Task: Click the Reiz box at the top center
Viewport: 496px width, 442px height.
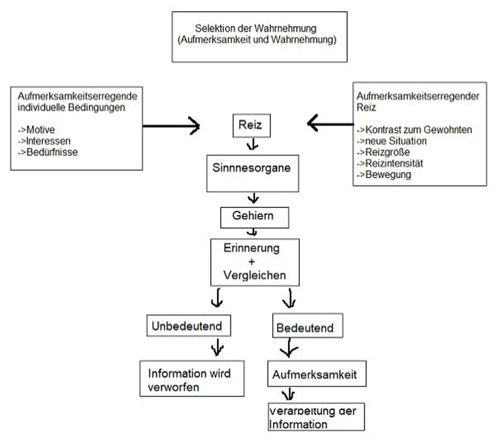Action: (x=251, y=126)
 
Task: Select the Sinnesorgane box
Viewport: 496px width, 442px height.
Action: (x=252, y=173)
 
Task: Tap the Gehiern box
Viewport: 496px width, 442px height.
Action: (x=254, y=217)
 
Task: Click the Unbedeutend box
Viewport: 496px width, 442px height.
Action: (x=188, y=326)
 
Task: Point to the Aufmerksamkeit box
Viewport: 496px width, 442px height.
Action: (x=316, y=374)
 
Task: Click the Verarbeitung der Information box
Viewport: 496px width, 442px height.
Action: (x=316, y=417)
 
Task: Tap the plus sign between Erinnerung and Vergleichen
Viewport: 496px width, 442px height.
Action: (x=252, y=262)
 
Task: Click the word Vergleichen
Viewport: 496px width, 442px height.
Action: (x=254, y=275)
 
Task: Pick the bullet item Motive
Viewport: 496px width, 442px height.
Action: (x=40, y=129)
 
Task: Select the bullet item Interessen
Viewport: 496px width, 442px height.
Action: (x=48, y=141)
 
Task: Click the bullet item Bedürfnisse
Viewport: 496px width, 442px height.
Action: (x=52, y=152)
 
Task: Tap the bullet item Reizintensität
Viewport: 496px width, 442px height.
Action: (x=393, y=164)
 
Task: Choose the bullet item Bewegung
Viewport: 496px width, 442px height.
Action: (x=388, y=175)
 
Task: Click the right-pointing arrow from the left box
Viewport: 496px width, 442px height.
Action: (x=171, y=126)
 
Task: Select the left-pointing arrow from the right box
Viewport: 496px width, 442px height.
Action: (x=330, y=124)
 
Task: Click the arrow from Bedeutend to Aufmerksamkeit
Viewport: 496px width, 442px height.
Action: (x=289, y=348)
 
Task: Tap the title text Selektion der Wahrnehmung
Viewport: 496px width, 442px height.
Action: (x=255, y=28)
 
